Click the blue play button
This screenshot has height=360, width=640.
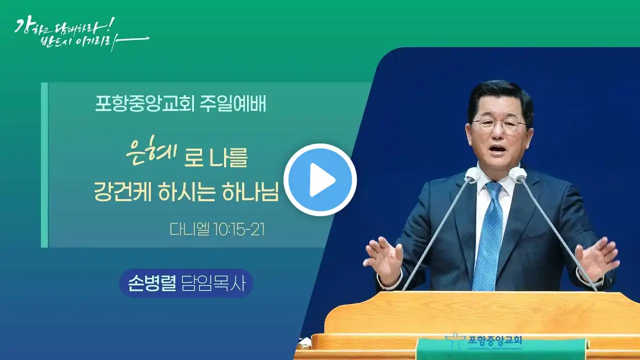320,179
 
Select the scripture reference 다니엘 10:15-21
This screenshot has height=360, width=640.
217,229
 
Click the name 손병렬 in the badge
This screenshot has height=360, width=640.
151,283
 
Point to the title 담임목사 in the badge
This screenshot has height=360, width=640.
213,283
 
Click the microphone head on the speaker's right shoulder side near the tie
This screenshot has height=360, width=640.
472,174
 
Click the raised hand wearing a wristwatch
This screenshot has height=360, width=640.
595,260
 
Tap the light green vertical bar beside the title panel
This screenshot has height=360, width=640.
44,165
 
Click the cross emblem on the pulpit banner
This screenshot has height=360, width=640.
455,344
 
